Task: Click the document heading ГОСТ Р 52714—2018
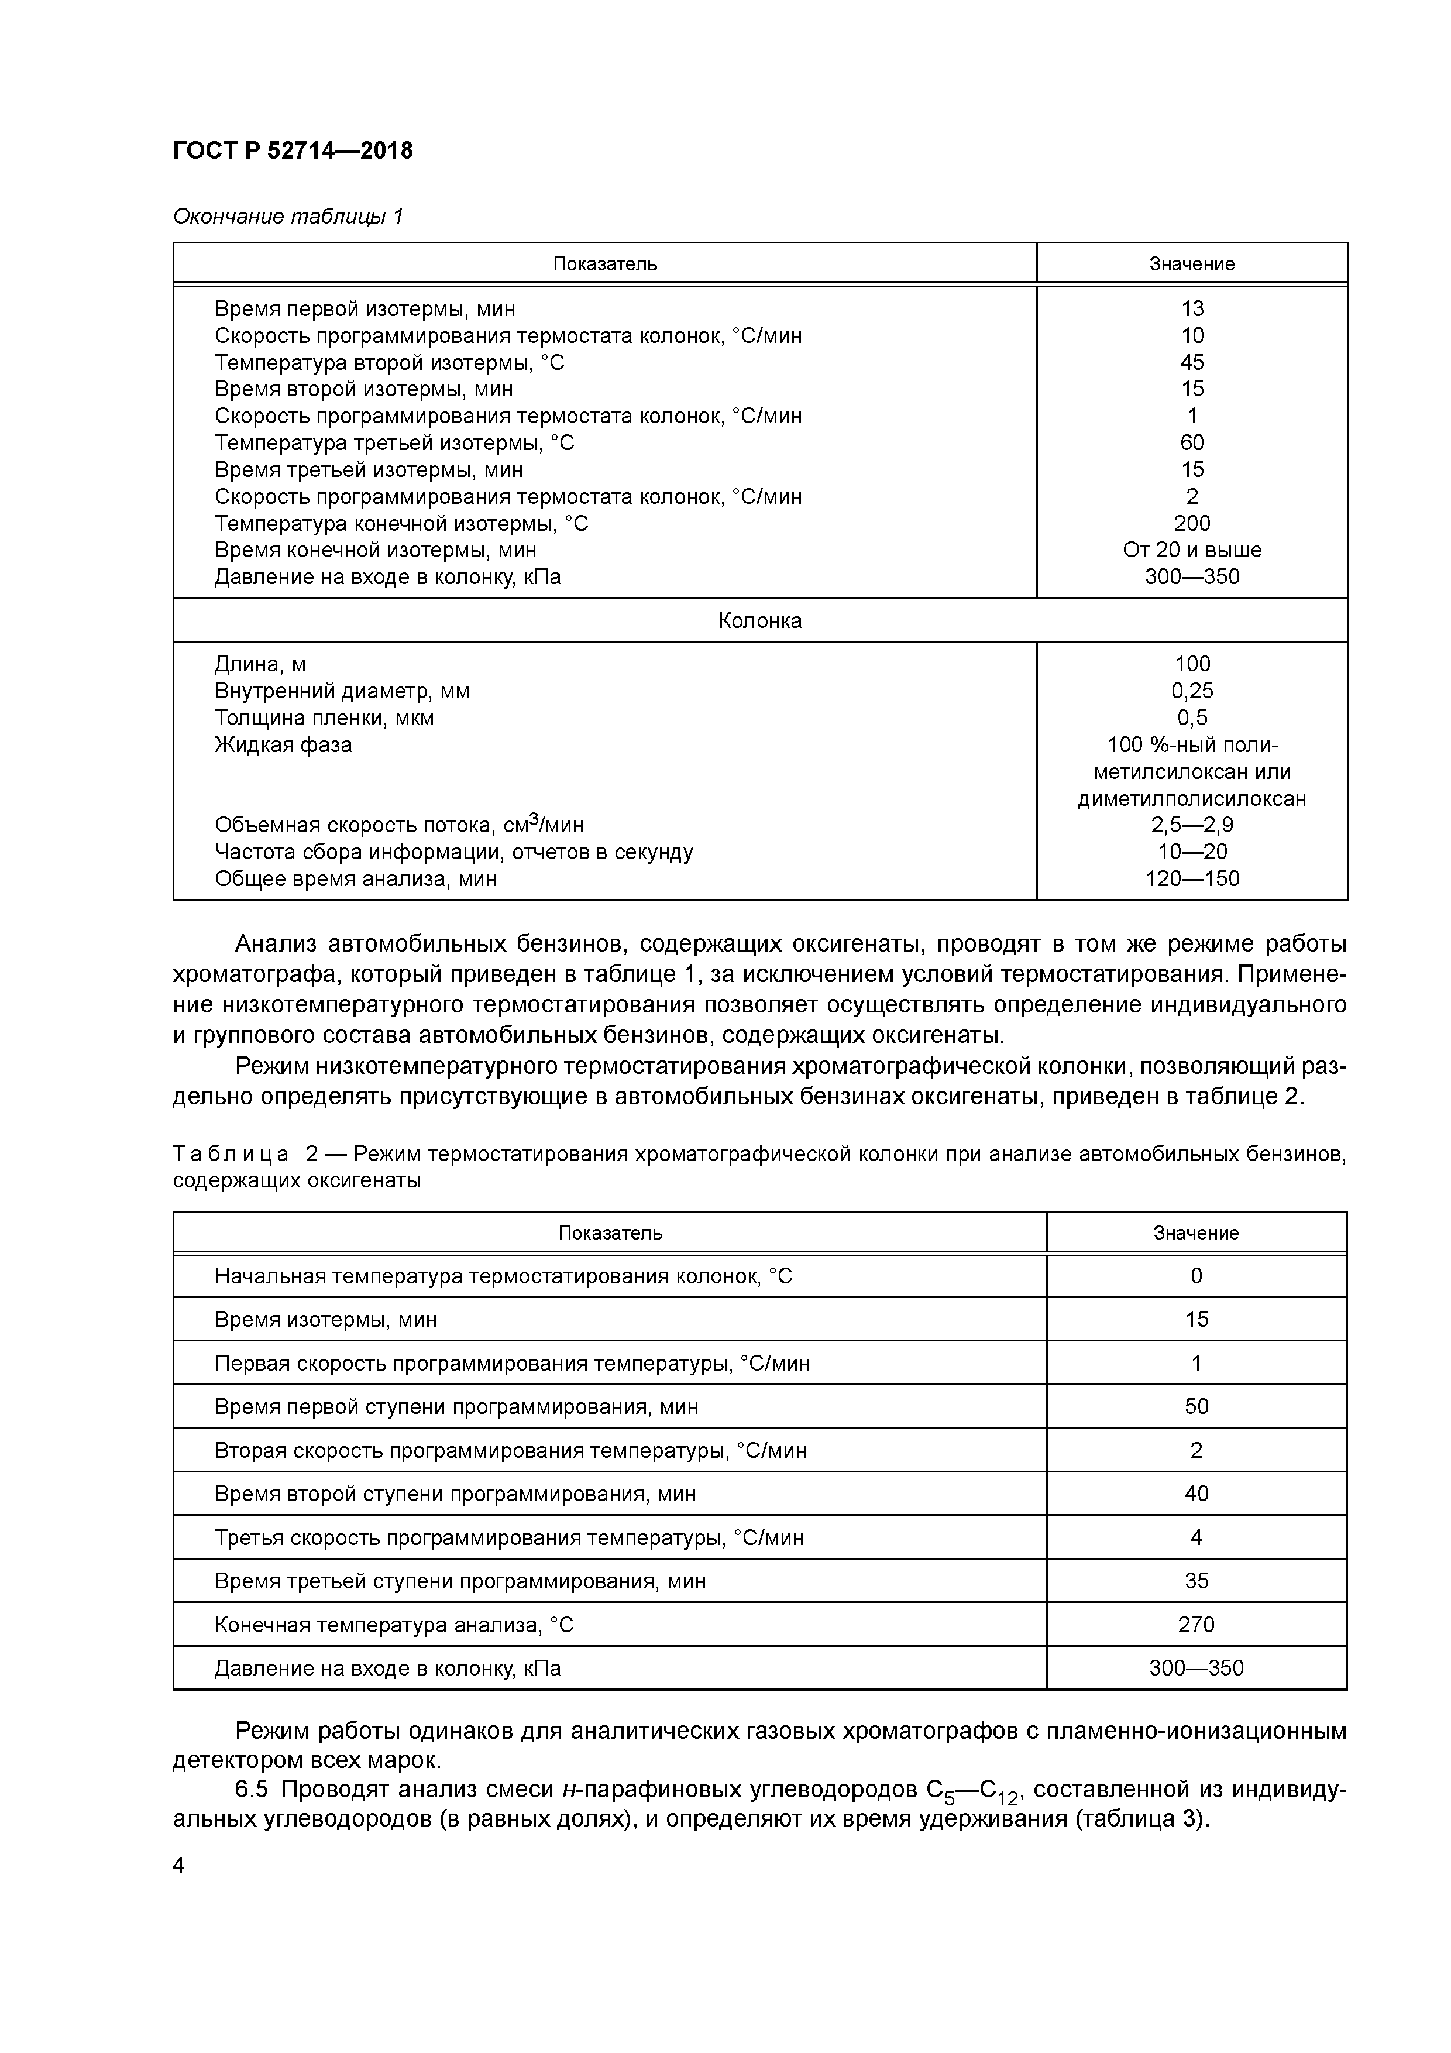point(293,151)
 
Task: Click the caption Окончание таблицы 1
point(288,217)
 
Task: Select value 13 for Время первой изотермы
point(1192,308)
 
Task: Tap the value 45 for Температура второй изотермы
point(1192,362)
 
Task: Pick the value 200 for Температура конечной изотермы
point(1192,523)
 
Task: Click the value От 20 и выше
point(1192,550)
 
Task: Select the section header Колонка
point(760,620)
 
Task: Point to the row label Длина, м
point(260,664)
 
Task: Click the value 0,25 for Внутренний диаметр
point(1192,691)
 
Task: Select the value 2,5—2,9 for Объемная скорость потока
point(1192,825)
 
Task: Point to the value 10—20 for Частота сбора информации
point(1192,852)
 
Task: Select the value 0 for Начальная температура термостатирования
point(1196,1276)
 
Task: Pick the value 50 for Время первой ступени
point(1196,1406)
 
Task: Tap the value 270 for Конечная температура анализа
point(1196,1625)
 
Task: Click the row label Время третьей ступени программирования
point(459,1581)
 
